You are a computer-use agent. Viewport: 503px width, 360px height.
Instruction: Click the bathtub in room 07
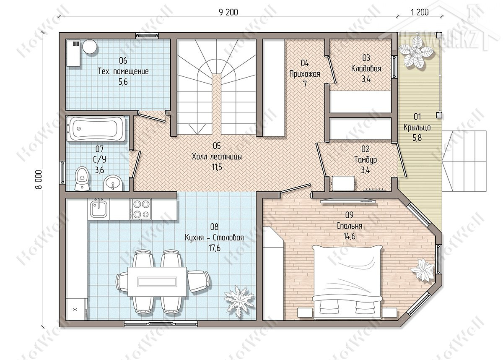(x=96, y=129)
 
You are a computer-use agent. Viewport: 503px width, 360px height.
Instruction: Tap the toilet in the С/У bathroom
(x=82, y=179)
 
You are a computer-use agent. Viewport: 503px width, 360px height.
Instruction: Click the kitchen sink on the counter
(x=99, y=209)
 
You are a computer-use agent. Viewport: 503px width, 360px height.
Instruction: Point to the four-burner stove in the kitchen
(x=140, y=209)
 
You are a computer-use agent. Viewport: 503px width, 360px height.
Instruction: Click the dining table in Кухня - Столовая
(x=157, y=282)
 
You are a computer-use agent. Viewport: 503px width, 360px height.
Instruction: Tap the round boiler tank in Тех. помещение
(x=90, y=46)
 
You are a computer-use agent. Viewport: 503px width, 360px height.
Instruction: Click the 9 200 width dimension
(x=228, y=12)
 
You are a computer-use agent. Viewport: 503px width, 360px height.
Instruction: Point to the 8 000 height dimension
(x=39, y=180)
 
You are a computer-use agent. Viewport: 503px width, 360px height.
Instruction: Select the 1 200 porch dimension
(x=420, y=12)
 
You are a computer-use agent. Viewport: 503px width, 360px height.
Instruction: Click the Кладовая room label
(x=366, y=68)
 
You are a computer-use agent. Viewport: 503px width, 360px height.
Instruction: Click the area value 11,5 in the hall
(x=217, y=167)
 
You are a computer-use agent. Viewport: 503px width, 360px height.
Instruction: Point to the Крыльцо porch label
(x=417, y=128)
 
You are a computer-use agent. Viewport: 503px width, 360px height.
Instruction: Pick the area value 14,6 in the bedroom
(x=349, y=236)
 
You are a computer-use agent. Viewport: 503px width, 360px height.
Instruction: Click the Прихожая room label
(x=304, y=74)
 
